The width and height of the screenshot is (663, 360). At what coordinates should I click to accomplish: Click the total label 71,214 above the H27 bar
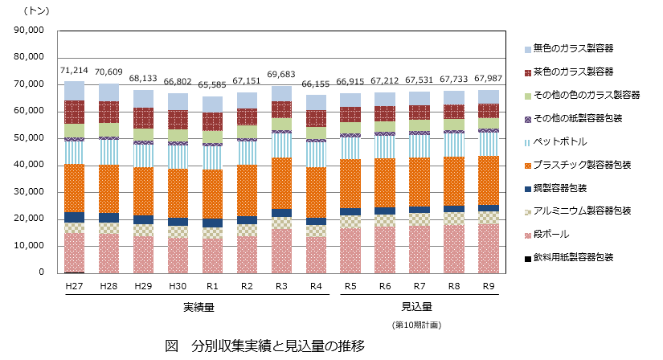click(x=74, y=71)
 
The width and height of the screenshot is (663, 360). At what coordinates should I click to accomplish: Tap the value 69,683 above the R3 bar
click(x=281, y=75)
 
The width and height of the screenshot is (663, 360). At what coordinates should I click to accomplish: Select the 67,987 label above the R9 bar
click(x=489, y=79)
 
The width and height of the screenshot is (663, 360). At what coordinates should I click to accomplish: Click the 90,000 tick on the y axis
click(x=29, y=31)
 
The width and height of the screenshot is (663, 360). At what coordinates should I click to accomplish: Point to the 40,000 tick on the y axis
click(x=29, y=165)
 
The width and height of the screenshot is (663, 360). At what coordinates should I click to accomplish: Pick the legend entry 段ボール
click(x=550, y=234)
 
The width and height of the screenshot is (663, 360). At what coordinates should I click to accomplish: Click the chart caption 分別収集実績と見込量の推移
click(x=278, y=346)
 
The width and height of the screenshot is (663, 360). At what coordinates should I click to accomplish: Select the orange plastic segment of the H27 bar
click(x=75, y=187)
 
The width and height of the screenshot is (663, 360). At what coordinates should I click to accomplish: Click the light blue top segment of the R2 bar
click(x=247, y=100)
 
